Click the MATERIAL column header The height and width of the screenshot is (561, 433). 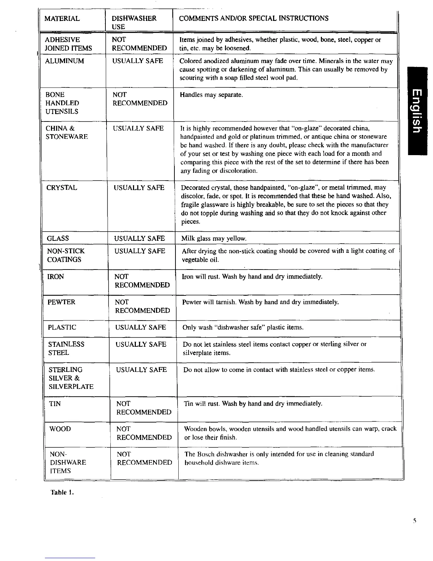[x=62, y=18]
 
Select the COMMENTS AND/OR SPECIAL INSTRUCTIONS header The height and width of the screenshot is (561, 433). [x=254, y=18]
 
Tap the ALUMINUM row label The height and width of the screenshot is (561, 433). [x=65, y=61]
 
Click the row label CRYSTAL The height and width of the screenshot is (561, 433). [x=62, y=188]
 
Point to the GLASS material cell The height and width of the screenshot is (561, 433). [x=58, y=238]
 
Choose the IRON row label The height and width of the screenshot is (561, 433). [x=56, y=277]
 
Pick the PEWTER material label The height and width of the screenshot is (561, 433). [x=62, y=302]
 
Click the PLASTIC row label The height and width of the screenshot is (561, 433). [x=62, y=327]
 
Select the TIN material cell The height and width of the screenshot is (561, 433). [x=54, y=404]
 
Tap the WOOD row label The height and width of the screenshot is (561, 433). [x=60, y=429]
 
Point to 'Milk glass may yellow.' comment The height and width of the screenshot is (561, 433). [x=214, y=239]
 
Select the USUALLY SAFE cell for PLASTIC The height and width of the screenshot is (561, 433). [x=140, y=327]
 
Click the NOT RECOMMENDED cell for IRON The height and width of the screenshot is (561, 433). [x=142, y=281]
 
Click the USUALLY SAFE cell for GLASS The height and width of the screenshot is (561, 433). [x=139, y=238]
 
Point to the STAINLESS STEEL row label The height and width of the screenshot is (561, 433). [x=66, y=348]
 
